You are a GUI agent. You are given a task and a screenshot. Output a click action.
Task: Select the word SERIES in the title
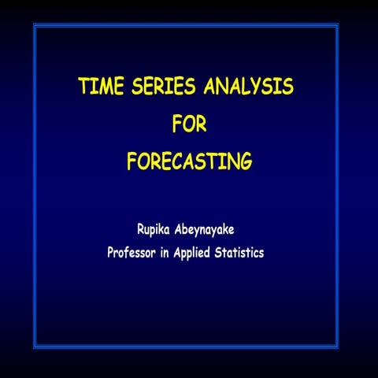click(x=156, y=87)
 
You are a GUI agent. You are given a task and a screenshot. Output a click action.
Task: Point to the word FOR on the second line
click(x=188, y=124)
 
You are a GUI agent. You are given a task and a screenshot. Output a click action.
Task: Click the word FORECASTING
click(x=189, y=162)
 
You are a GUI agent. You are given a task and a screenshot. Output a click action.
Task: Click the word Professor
click(x=139, y=253)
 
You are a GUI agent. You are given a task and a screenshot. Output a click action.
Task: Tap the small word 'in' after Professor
click(x=177, y=253)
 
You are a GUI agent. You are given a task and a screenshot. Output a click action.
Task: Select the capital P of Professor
click(x=111, y=253)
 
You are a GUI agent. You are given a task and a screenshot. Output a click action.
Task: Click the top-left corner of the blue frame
click(x=35, y=25)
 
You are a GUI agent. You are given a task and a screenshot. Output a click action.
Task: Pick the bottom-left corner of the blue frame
click(x=35, y=346)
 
